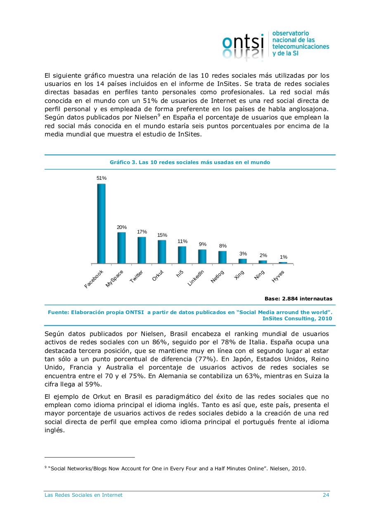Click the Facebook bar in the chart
point(101,223)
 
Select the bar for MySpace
point(121,248)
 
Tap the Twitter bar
point(142,250)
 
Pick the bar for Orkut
point(162,251)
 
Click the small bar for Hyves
point(283,262)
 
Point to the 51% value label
point(102,178)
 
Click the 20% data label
point(121,227)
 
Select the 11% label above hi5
point(182,241)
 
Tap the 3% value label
point(243,254)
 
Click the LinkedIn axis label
point(196,278)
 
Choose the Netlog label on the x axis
point(217,277)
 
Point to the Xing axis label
point(239,275)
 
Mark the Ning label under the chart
point(259,275)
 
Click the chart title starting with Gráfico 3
point(190,162)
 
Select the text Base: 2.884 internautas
point(298,298)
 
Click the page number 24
point(326,495)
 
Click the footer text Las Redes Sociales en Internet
point(83,495)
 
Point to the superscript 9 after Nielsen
point(159,115)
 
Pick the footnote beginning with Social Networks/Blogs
point(177,469)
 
